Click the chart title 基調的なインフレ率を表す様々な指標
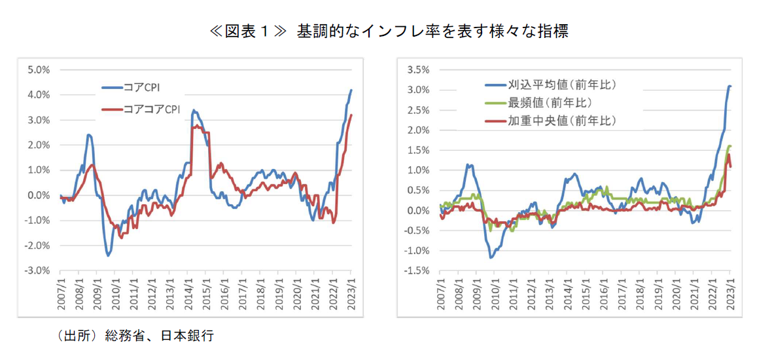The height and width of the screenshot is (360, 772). [432, 31]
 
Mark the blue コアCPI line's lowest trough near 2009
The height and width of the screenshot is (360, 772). [108, 255]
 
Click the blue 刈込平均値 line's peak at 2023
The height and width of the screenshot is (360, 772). [729, 86]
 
